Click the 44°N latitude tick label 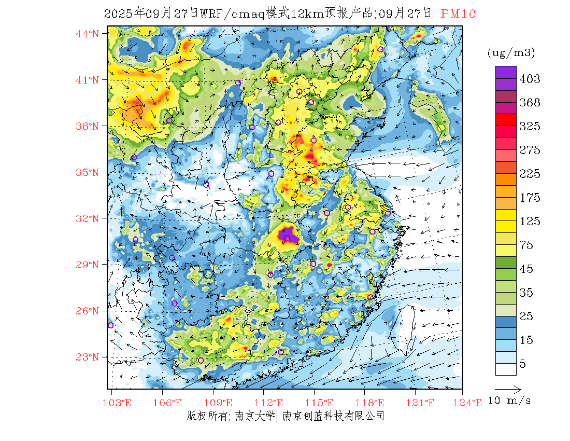pos(87,34)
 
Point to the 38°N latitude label pos(87,126)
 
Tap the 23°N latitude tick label pos(87,357)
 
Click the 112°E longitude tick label pos(272,403)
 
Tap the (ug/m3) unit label pos(511,52)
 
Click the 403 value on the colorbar pos(530,79)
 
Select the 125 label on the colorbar pos(530,222)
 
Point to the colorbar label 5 pos(523,364)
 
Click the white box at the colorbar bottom pos(505,369)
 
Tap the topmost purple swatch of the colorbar pos(505,72)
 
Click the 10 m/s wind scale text pos(510,401)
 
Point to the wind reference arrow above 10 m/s pos(507,388)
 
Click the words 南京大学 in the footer pos(254,416)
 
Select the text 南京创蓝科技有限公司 pos(333,416)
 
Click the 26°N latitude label pos(87,311)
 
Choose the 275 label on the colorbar pos(530,150)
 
